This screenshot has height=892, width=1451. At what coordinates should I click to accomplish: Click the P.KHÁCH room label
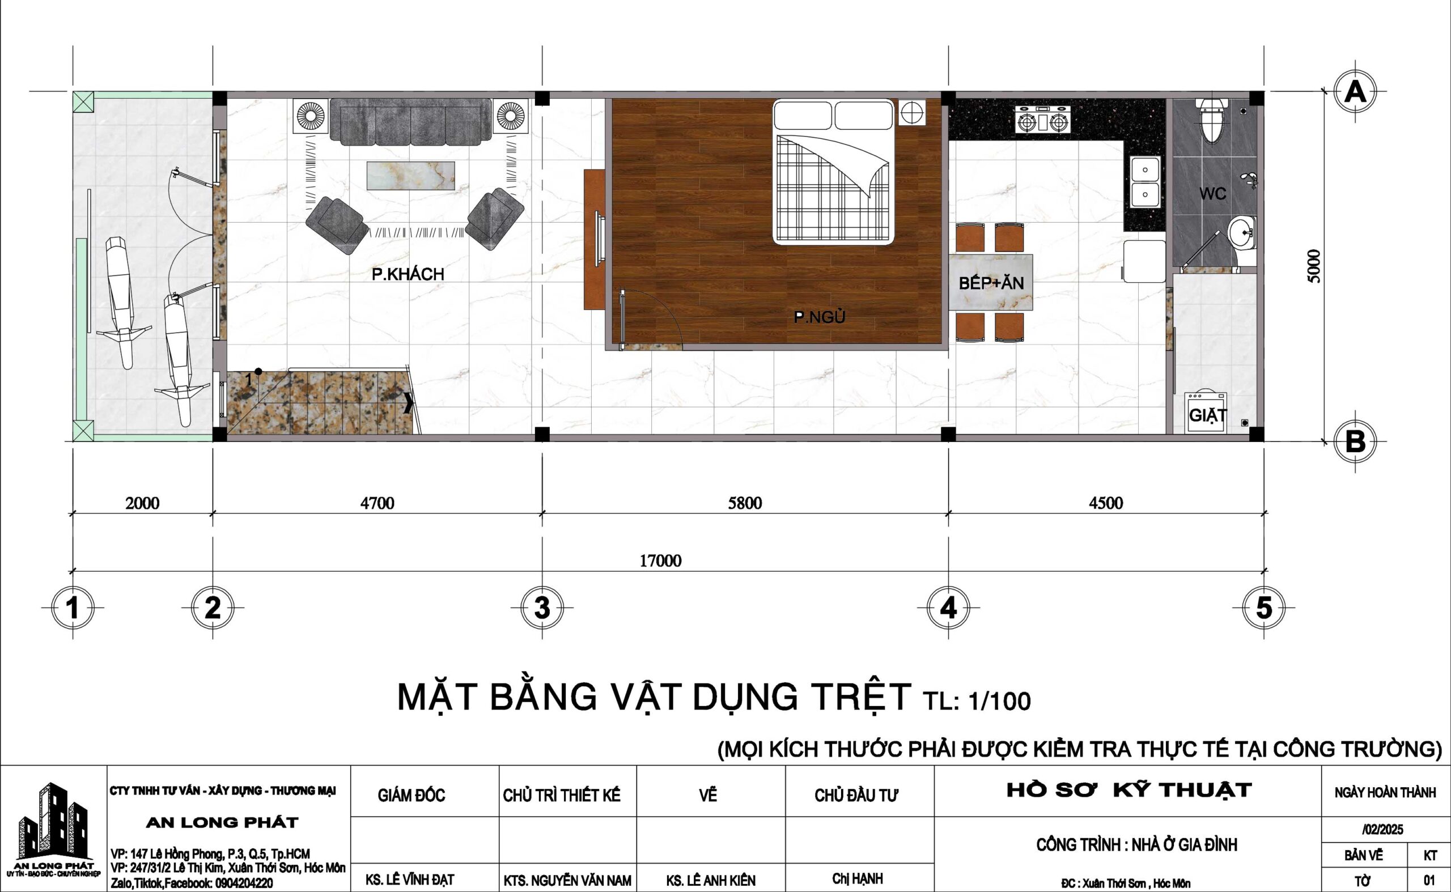[407, 274]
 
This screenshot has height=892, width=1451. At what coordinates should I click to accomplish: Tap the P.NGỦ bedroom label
[819, 317]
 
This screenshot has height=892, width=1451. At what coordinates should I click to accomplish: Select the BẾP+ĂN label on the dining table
[991, 283]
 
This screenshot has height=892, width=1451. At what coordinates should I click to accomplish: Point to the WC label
[1212, 193]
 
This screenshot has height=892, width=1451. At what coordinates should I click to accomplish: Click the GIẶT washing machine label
[1208, 415]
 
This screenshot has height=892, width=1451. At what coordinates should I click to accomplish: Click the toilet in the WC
[1212, 120]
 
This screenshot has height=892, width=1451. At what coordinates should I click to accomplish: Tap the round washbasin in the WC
[1243, 233]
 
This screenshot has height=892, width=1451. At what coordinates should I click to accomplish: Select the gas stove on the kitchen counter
[1043, 120]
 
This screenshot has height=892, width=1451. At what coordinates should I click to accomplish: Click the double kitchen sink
[1145, 182]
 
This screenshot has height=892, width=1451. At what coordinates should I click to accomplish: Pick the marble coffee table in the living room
[411, 175]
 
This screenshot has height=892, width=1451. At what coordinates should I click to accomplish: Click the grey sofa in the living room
[410, 121]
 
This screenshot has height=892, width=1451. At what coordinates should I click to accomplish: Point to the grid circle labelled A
[1355, 92]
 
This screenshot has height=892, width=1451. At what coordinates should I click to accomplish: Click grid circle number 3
[542, 608]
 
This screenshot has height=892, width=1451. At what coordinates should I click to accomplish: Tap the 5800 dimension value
[745, 503]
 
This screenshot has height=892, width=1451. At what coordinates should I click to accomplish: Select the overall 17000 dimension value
[661, 560]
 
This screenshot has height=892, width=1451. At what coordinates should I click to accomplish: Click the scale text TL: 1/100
[977, 701]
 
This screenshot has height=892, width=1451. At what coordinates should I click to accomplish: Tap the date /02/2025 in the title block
[1382, 830]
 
